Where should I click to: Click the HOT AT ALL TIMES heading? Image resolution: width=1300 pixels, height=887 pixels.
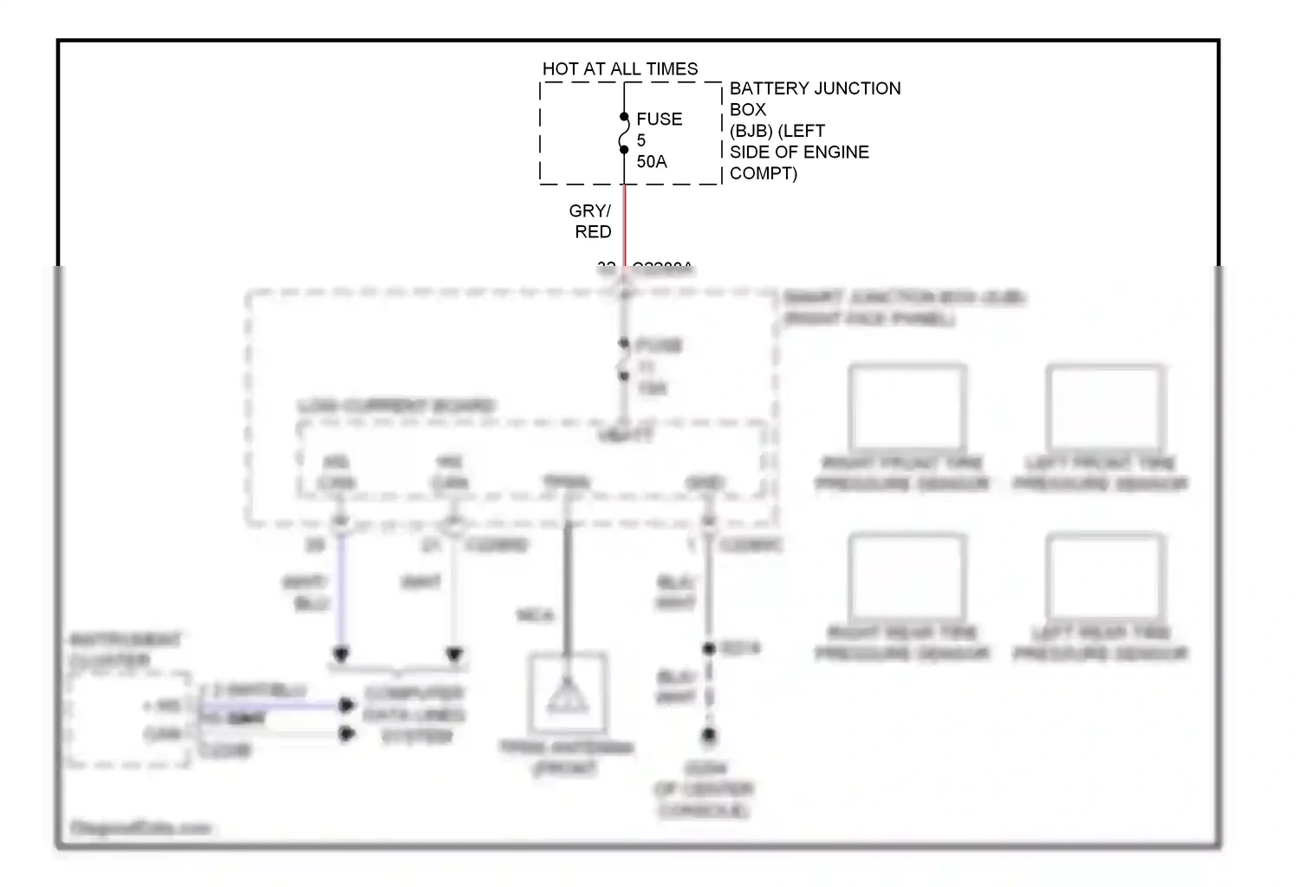tap(620, 69)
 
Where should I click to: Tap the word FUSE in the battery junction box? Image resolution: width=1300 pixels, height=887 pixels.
tap(659, 120)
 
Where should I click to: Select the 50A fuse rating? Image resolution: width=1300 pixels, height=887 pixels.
tap(652, 162)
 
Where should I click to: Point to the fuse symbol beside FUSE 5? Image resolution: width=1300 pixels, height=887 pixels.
tap(624, 133)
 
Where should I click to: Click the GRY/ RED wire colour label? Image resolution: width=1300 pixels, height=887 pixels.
tap(592, 222)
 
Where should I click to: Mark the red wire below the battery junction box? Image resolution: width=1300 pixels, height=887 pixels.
tap(625, 225)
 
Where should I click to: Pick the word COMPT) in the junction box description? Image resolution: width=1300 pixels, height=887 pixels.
tap(763, 173)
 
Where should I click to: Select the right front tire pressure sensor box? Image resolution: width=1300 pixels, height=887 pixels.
tap(907, 407)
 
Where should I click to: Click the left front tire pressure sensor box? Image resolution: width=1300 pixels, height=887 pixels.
tap(1105, 407)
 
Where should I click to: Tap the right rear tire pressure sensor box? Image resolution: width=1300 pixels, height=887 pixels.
tap(907, 576)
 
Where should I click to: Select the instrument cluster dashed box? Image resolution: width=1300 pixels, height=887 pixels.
tap(130, 719)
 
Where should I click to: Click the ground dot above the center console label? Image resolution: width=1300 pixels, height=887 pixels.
tap(709, 735)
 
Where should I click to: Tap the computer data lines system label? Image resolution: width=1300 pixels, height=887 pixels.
tap(414, 715)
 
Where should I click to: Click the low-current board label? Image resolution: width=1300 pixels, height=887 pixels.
tap(395, 406)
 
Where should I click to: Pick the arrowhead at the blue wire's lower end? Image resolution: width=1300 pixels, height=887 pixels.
tap(341, 654)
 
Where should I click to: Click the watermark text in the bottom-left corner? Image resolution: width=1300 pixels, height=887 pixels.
tap(140, 828)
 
